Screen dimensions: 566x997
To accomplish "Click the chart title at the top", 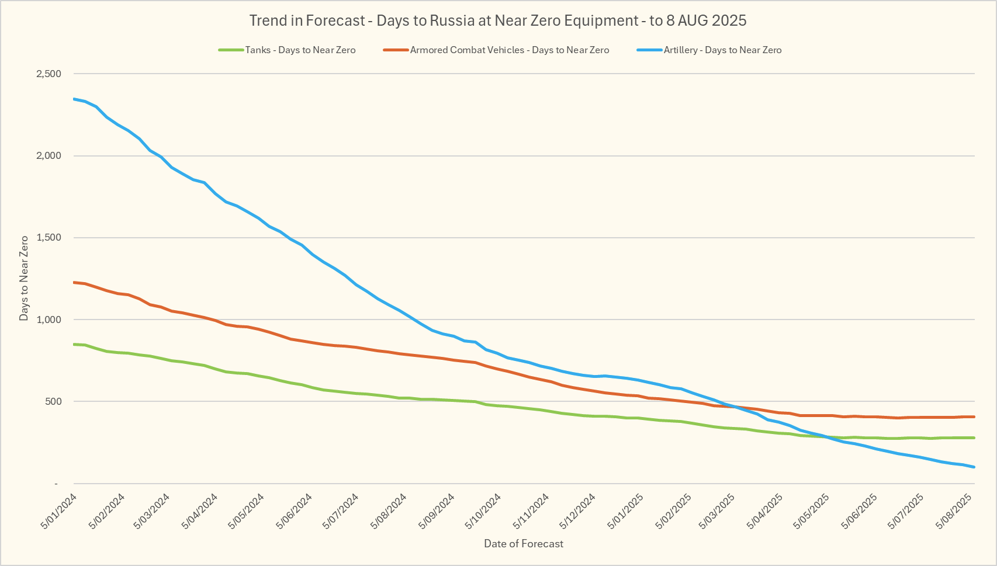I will point(498,21).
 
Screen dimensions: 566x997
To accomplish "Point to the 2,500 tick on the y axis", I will point(49,74).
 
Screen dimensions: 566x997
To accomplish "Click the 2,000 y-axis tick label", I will point(49,156).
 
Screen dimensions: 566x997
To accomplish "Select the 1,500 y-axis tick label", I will point(49,238).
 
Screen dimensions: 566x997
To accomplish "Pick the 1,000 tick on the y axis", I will point(49,320).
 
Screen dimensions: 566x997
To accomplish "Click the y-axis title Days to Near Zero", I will point(24,278).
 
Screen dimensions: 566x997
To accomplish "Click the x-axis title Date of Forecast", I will point(524,544).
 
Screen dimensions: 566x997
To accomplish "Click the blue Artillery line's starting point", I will point(74,99).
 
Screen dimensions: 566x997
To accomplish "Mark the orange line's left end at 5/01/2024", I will point(74,282).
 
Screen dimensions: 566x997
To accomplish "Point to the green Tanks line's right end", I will point(974,437).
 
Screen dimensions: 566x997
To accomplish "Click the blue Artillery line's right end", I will point(974,467).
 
